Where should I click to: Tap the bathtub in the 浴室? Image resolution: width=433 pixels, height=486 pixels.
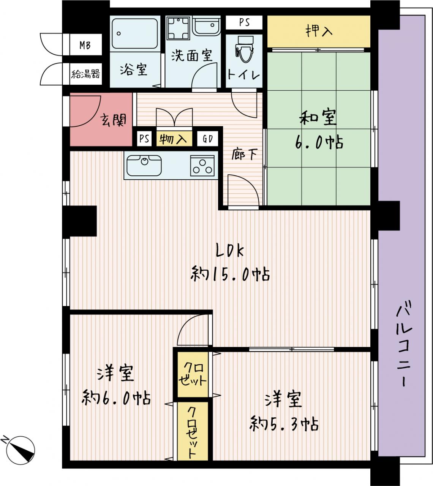[135, 33]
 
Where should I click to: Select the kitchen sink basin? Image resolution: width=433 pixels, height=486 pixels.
[144, 166]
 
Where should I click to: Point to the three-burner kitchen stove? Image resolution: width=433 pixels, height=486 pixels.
[202, 166]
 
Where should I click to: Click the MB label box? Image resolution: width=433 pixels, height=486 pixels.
[85, 45]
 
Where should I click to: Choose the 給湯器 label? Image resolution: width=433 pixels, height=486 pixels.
[85, 74]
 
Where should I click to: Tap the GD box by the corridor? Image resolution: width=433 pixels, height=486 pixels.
[208, 139]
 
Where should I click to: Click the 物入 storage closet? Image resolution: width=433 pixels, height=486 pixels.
[174, 139]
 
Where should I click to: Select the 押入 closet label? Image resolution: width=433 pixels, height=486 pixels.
[319, 31]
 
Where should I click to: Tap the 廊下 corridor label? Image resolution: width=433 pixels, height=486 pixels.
[245, 155]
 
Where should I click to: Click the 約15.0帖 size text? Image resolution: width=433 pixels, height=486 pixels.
[230, 274]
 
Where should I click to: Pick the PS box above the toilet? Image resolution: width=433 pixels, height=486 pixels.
[244, 22]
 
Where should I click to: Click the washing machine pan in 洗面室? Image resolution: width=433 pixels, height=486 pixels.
[178, 28]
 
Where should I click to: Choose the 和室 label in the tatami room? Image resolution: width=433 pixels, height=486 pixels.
[318, 118]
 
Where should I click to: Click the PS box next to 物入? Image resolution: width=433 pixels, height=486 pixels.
[144, 139]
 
